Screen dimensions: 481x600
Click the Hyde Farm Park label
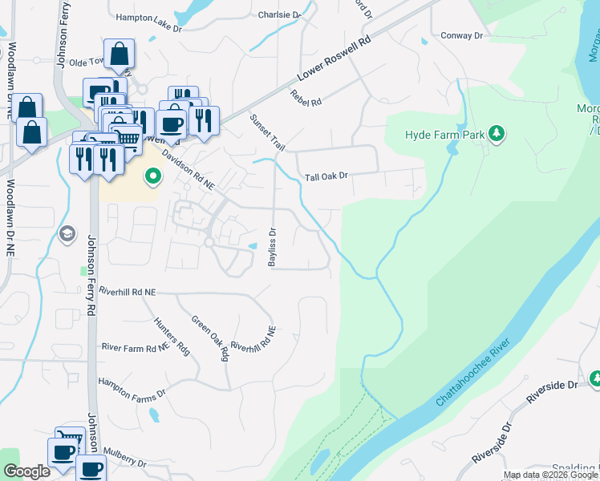[x=437, y=135]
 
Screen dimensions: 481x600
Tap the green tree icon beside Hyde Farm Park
[x=497, y=134]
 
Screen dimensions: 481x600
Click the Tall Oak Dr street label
[x=326, y=176]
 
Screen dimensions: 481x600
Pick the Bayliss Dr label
[x=273, y=246]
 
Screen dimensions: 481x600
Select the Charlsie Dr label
[x=279, y=14]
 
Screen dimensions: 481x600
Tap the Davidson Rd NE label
[x=189, y=168]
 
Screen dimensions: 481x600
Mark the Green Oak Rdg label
[x=210, y=338]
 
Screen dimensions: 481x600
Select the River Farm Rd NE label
[x=136, y=346]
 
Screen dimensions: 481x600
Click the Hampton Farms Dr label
[x=131, y=388]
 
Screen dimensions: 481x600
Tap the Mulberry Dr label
[x=120, y=463]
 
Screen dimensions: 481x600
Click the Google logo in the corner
[x=26, y=471]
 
